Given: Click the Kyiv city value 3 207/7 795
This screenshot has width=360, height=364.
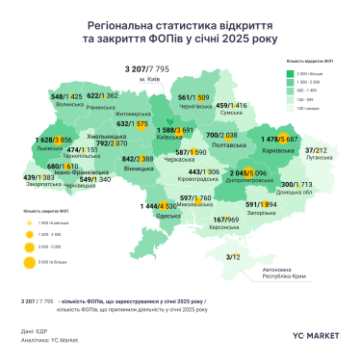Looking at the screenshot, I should pyautogui.click(x=146, y=69).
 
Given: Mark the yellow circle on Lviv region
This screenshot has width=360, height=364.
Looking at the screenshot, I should pyautogui.click(x=37, y=141).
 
